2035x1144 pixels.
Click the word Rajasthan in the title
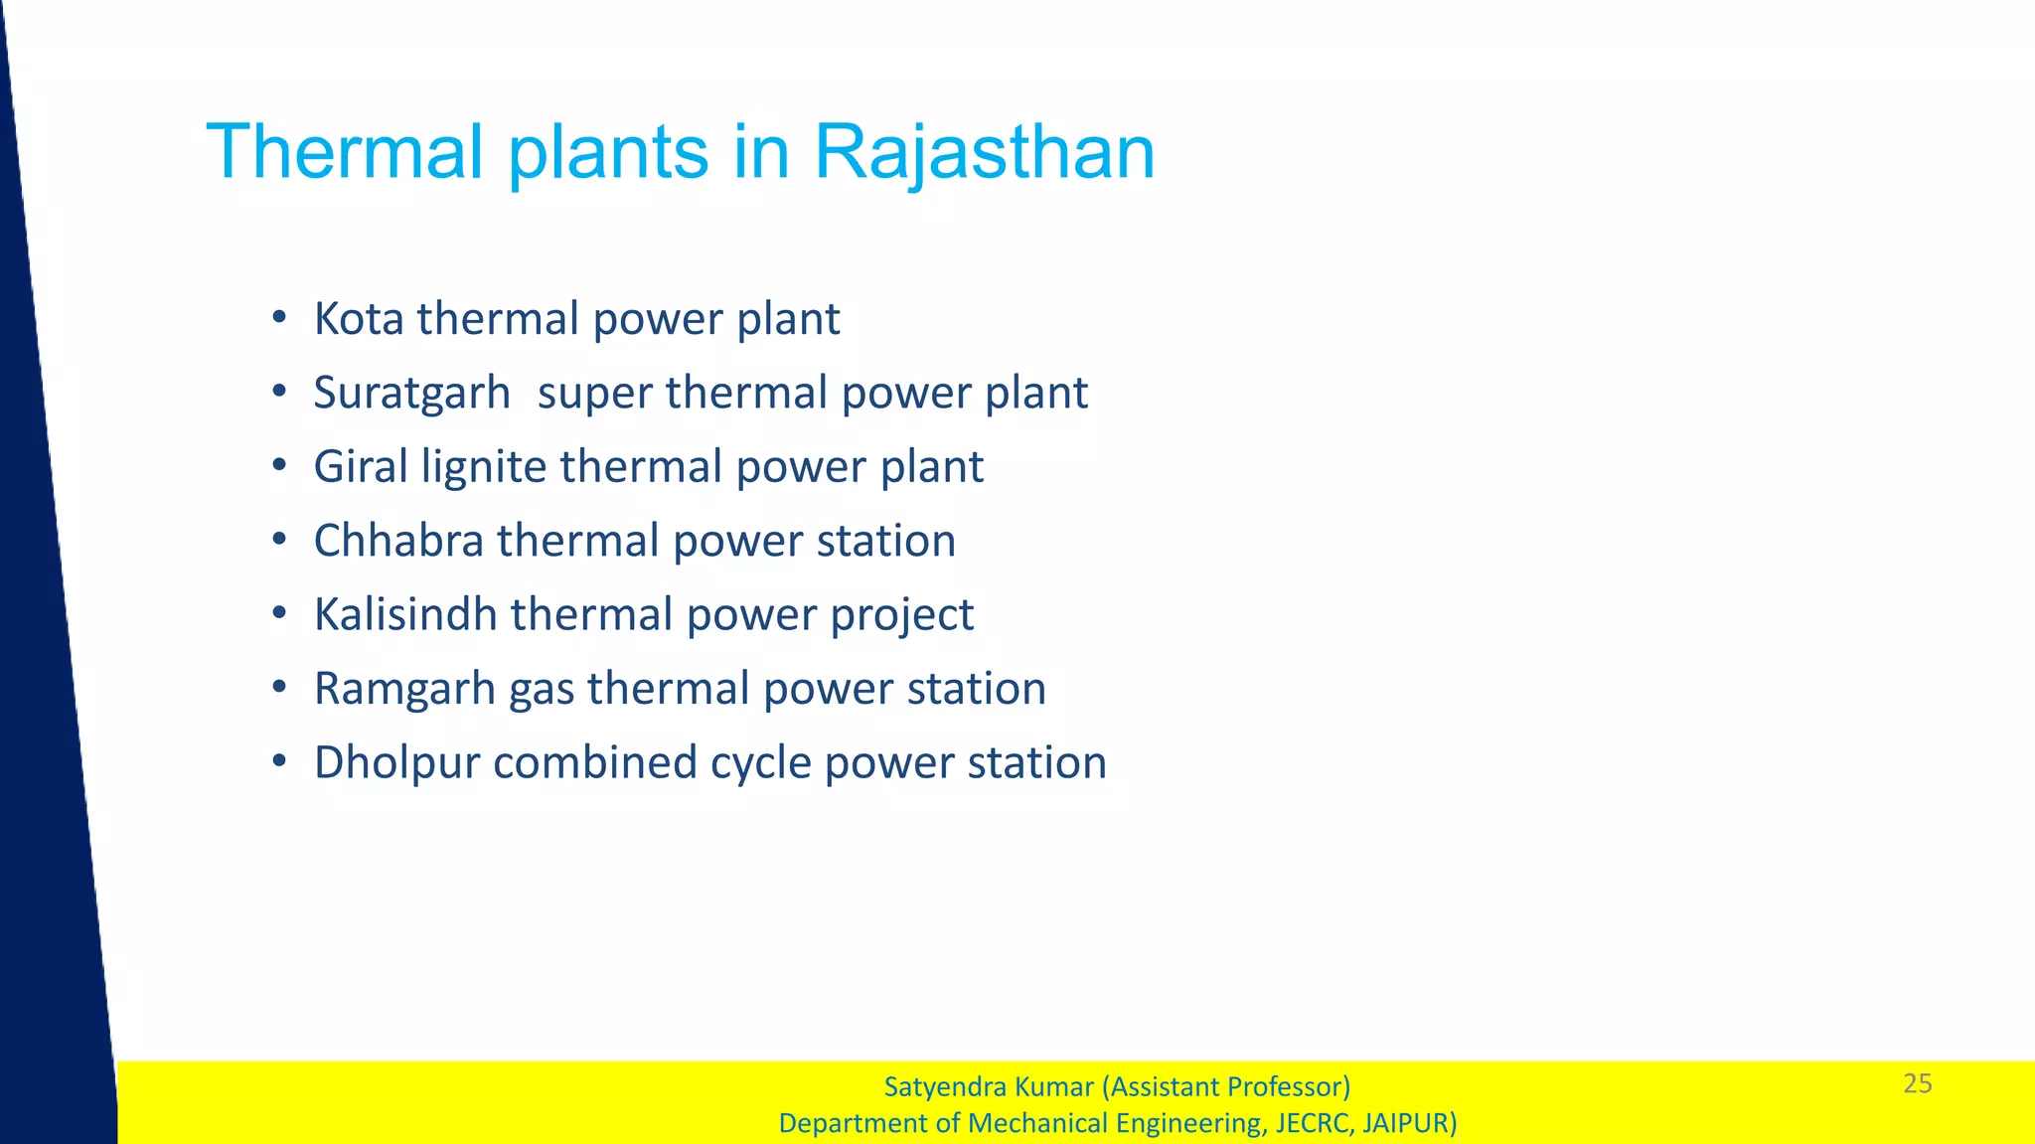(984, 152)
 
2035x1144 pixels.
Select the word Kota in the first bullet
(359, 319)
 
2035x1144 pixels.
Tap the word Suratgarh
(411, 393)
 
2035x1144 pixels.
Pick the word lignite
(484, 467)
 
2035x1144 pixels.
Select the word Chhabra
(398, 541)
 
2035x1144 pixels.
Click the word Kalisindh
(405, 614)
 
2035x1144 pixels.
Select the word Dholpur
(396, 763)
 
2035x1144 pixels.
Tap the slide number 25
(1917, 1083)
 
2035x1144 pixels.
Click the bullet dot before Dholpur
(280, 762)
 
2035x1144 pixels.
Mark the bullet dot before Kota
(280, 319)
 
